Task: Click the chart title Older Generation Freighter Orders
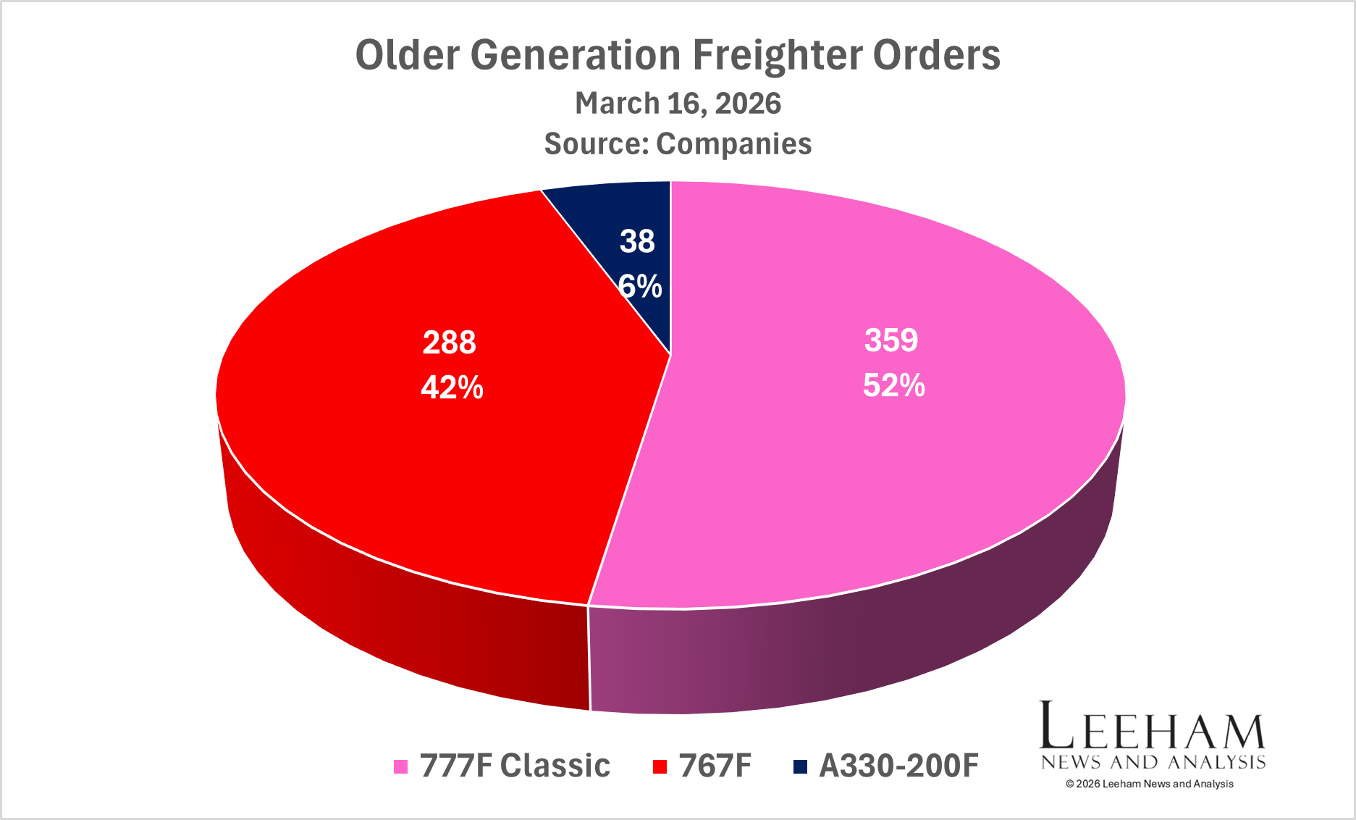[x=678, y=55]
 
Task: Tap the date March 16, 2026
[x=678, y=104]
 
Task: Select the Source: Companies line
[x=678, y=143]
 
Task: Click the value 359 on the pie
[x=891, y=340]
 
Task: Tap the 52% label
[x=893, y=385]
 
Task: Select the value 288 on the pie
[x=449, y=343]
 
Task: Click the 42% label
[x=452, y=388]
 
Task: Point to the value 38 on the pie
[x=637, y=241]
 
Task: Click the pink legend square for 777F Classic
[x=400, y=766]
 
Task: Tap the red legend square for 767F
[x=659, y=766]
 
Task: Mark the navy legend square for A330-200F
[x=800, y=766]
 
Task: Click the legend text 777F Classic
[x=515, y=766]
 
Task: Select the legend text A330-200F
[x=898, y=766]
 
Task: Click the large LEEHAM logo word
[x=1152, y=726]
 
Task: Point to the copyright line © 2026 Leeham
[x=1149, y=784]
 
